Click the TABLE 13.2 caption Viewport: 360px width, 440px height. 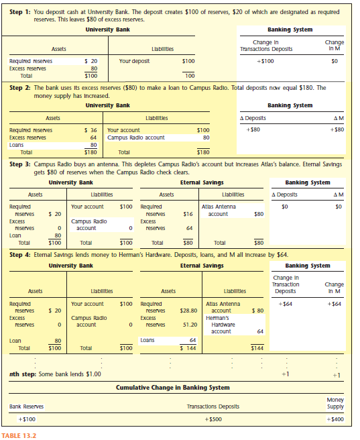pos(19,435)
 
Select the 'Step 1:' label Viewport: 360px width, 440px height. pos(21,12)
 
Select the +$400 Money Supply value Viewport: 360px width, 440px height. pos(335,419)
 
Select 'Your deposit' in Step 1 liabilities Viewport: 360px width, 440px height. pos(133,61)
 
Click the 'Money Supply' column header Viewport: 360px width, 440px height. pos(335,403)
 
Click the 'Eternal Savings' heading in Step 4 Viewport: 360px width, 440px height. pos(202,266)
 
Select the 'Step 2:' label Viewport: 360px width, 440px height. pos(21,88)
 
